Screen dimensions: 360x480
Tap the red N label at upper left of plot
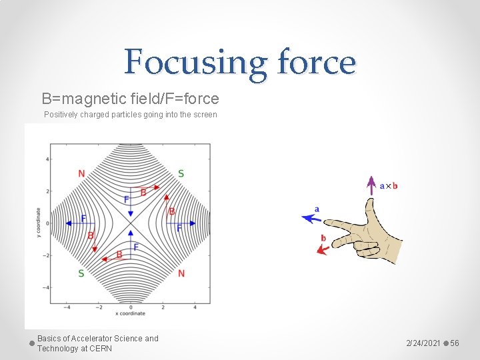point(81,174)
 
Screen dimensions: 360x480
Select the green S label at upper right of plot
point(181,174)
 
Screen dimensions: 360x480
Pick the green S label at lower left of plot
point(81,273)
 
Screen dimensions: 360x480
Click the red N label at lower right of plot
point(181,273)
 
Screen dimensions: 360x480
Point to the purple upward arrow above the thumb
point(371,186)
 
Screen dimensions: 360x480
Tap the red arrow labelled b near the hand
point(325,249)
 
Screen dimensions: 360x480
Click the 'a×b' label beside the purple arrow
point(389,186)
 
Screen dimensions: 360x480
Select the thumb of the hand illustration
point(370,215)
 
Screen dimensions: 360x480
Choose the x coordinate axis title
point(131,313)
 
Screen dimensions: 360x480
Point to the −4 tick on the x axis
point(67,307)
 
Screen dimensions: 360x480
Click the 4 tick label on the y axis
point(47,159)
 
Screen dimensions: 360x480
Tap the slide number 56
point(455,343)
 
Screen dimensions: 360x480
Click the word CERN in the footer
point(102,349)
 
